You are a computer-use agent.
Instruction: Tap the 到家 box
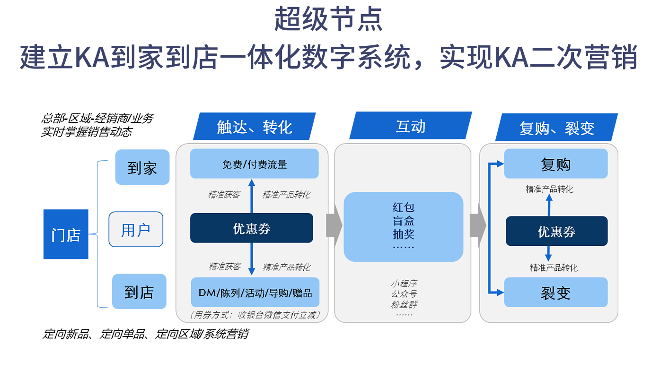click(x=141, y=168)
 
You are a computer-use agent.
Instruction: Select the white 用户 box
click(x=136, y=230)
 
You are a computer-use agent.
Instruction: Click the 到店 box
click(x=139, y=292)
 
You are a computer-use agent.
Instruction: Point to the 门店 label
click(x=66, y=235)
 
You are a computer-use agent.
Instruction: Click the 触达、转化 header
click(x=254, y=127)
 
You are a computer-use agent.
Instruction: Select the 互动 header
click(x=410, y=127)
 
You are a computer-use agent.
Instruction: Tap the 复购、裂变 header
click(x=556, y=128)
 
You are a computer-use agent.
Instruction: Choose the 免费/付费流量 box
click(x=255, y=164)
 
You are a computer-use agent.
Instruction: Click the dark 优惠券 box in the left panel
click(x=252, y=228)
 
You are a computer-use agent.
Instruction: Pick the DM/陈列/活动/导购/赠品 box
click(x=255, y=293)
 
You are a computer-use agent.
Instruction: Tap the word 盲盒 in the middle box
click(x=403, y=221)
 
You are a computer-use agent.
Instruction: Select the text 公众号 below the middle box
click(x=404, y=294)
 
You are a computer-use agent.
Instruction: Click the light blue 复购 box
click(x=555, y=164)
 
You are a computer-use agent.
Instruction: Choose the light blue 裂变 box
click(x=555, y=293)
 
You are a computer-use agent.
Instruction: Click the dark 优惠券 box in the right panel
click(x=556, y=232)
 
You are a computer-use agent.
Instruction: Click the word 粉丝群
click(x=404, y=304)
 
